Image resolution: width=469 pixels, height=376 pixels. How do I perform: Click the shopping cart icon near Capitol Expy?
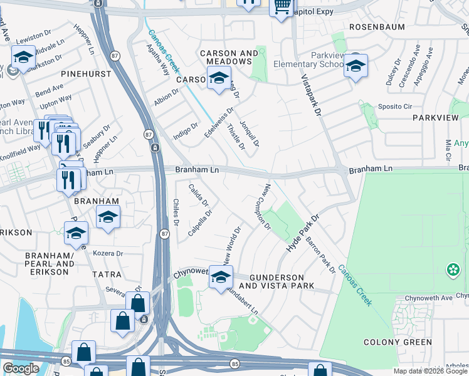(x=282, y=6)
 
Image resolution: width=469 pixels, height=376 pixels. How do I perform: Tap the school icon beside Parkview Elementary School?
(x=356, y=66)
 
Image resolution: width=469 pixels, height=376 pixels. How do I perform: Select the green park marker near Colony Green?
(x=452, y=270)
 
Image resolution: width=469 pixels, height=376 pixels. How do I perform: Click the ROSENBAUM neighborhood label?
(x=374, y=28)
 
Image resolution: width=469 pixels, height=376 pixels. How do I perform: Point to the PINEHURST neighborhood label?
(x=87, y=74)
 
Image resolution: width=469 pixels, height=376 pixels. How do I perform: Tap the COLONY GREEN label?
(x=398, y=342)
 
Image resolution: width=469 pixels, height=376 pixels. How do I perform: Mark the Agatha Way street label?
(x=157, y=60)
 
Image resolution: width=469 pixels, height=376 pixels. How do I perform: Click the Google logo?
(x=21, y=368)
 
